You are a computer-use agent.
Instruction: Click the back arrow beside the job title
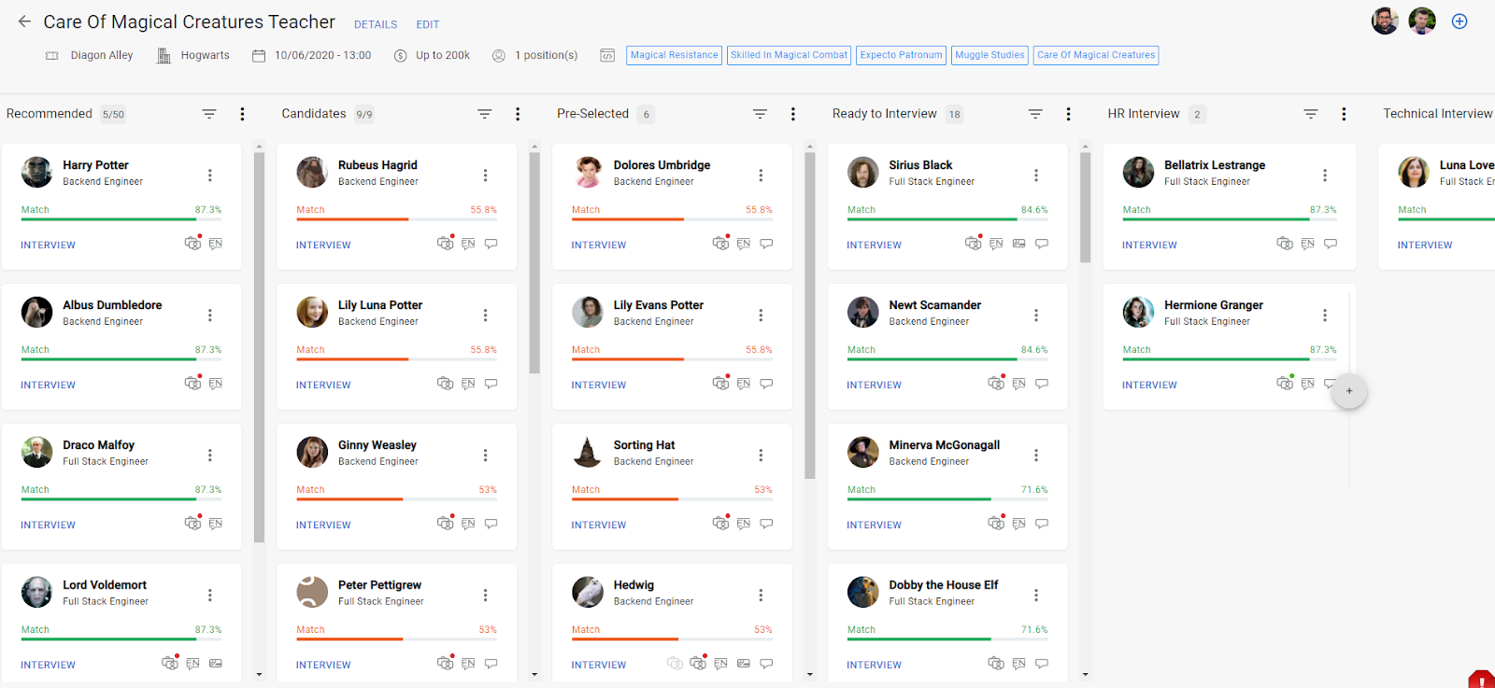24,21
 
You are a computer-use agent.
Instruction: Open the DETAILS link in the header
376,24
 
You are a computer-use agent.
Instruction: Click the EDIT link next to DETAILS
428,24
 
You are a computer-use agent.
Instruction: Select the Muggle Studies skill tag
990,55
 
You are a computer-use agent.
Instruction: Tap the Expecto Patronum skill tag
901,55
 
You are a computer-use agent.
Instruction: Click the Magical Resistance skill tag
674,55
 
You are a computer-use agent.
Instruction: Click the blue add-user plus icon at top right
1459,21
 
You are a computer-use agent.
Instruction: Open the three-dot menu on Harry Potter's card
210,175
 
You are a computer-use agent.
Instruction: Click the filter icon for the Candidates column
485,114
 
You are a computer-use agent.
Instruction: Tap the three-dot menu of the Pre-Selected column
793,114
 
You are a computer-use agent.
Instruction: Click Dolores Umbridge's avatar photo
588,172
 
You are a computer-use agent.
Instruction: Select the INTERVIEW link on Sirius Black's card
874,245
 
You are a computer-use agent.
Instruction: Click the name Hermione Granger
1213,305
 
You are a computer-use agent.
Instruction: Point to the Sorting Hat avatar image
588,452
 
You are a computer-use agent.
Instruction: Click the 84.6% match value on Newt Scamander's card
1033,350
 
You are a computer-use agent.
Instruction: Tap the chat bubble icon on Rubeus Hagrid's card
491,244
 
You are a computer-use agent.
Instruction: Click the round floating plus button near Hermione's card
1349,391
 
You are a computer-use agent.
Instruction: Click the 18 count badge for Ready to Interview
954,115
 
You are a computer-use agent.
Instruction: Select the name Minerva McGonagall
944,445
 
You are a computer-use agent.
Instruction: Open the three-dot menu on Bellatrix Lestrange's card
1325,175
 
